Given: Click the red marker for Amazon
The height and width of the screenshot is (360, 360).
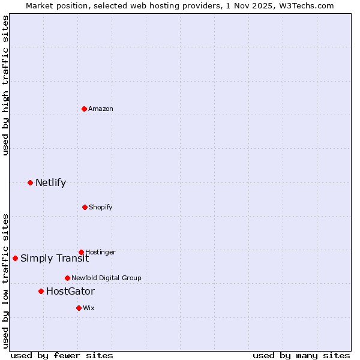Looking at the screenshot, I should click(x=84, y=109).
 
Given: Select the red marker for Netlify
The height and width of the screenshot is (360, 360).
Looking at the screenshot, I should click(x=30, y=182).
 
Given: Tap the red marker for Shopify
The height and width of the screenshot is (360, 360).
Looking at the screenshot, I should click(x=85, y=207).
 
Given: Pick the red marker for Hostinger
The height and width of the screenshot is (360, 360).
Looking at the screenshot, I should click(x=81, y=252).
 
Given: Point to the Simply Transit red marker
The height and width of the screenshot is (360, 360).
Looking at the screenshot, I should click(x=15, y=258).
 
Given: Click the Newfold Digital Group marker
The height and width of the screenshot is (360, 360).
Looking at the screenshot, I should click(x=67, y=278).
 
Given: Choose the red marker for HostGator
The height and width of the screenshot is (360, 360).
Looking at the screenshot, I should click(x=41, y=291).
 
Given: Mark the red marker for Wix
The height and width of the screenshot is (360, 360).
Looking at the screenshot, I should click(x=79, y=308).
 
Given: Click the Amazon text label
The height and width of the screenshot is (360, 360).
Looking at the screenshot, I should click(x=101, y=109).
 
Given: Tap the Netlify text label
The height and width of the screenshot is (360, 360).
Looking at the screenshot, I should click(x=50, y=182).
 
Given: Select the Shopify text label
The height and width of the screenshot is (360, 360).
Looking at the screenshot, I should click(x=101, y=207).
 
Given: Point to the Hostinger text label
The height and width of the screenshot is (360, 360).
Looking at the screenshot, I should click(x=100, y=252).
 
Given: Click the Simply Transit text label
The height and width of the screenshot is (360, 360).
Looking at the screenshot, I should click(x=55, y=258).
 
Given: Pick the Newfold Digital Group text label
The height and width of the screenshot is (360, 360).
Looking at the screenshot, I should click(x=106, y=278).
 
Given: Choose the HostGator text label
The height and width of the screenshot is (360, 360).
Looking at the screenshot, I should click(x=70, y=291).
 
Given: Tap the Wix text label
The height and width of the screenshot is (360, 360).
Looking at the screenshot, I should click(x=89, y=308).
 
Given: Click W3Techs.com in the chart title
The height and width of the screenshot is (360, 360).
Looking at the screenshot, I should click(x=307, y=5).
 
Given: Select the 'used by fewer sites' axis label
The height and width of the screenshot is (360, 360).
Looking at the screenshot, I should click(x=62, y=355).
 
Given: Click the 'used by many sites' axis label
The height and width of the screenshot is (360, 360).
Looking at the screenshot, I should click(x=301, y=355).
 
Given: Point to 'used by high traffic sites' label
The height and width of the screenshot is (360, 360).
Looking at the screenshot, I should click(x=5, y=85).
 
